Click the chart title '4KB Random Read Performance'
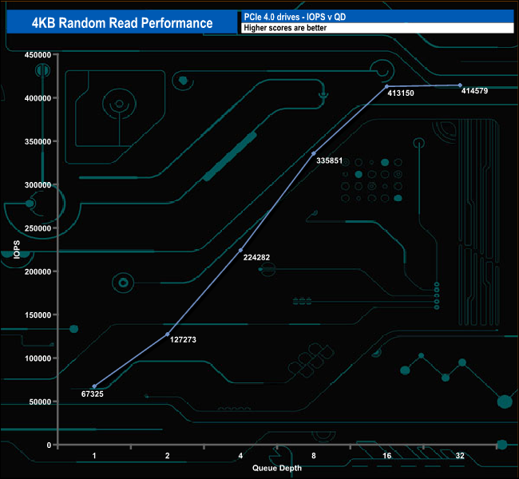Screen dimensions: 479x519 tap(122, 23)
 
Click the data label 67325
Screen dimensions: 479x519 tap(93, 394)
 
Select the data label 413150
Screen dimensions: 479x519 tap(402, 93)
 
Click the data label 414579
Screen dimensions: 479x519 tap(477, 91)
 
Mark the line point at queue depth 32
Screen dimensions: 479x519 tap(460, 85)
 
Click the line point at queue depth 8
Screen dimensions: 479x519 tap(314, 153)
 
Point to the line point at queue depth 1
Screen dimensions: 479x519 tap(94, 386)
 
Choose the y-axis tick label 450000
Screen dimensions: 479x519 tap(38, 55)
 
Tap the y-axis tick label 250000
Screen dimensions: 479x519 tap(38, 228)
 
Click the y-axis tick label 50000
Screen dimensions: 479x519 tap(40, 402)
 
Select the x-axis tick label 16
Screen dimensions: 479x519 tap(386, 456)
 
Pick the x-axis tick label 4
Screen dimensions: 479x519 tap(240, 456)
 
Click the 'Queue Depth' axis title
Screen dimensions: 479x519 tap(277, 468)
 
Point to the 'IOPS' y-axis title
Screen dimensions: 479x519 tap(17, 250)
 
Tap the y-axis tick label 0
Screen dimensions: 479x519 tap(50, 445)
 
